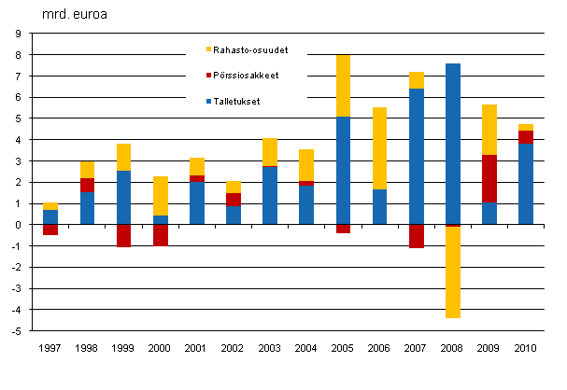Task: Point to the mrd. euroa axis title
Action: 69,16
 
